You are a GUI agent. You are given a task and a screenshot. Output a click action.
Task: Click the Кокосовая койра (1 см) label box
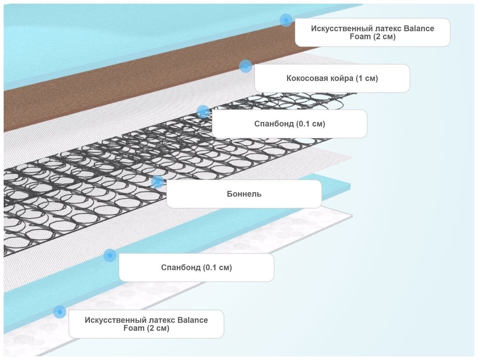[x=332, y=78]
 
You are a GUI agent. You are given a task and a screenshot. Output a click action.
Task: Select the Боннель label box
[x=244, y=194]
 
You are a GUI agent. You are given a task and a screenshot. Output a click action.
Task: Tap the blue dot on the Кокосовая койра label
[x=246, y=66]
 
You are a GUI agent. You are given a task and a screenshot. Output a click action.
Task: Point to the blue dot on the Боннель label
[x=157, y=181]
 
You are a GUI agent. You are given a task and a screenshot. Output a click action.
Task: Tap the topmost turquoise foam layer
[x=110, y=37]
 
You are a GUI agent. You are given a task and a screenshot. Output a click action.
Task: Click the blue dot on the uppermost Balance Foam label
[x=286, y=20]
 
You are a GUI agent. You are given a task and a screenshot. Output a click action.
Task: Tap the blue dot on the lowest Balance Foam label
[x=60, y=312]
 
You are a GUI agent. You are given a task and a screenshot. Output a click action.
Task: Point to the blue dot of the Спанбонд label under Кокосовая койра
[x=203, y=112]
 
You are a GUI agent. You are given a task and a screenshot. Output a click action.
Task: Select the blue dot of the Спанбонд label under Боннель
[x=110, y=255]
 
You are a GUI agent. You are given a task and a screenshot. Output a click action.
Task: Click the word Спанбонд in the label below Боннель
[x=181, y=268]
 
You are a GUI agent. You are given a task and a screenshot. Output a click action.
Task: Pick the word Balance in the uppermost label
[x=419, y=29]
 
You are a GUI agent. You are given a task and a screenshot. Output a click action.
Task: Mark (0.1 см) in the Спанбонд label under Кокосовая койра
[x=311, y=124]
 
